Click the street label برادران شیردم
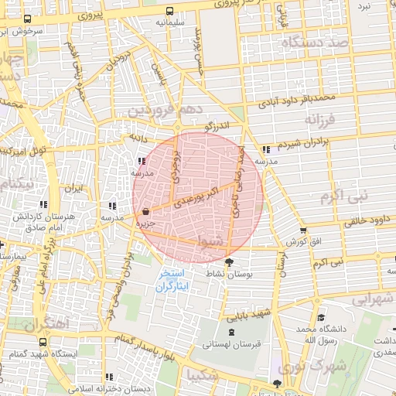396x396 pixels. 309,143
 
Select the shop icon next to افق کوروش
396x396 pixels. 302,230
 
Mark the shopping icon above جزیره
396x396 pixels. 145,211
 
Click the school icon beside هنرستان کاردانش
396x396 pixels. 43,205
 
